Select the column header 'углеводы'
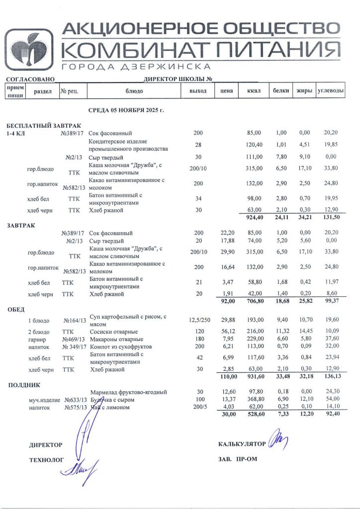(x=331, y=91)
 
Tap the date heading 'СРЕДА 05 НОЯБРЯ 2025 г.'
(x=126, y=110)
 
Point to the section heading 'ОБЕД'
(x=16, y=310)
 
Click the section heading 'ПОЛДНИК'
(x=24, y=384)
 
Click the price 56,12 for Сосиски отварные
(x=226, y=332)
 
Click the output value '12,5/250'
(x=198, y=321)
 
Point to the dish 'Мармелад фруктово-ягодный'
(x=128, y=393)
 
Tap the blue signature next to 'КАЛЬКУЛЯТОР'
(x=277, y=440)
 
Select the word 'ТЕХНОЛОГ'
(x=47, y=460)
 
